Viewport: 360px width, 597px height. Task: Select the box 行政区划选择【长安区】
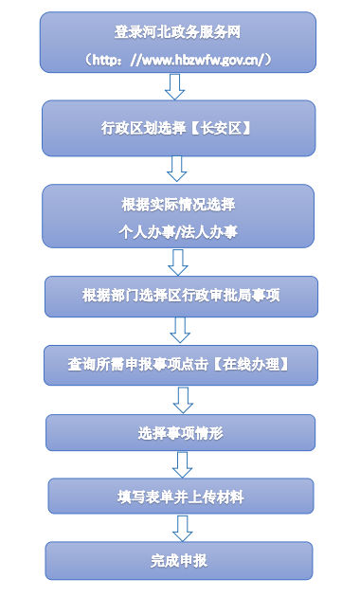tap(178, 126)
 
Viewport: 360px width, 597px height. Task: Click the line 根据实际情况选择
tap(178, 205)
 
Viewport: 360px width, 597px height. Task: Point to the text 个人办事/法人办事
tap(178, 230)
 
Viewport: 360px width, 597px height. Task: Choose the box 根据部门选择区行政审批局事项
tap(178, 295)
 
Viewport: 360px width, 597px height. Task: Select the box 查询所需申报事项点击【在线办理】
tap(178, 364)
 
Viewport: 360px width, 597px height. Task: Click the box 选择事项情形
tap(178, 433)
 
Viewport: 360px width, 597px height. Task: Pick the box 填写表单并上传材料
tap(178, 496)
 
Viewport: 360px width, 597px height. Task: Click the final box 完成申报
tap(178, 560)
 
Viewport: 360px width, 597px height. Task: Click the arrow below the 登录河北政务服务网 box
tap(175, 86)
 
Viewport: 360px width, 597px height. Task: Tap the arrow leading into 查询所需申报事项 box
tap(178, 329)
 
